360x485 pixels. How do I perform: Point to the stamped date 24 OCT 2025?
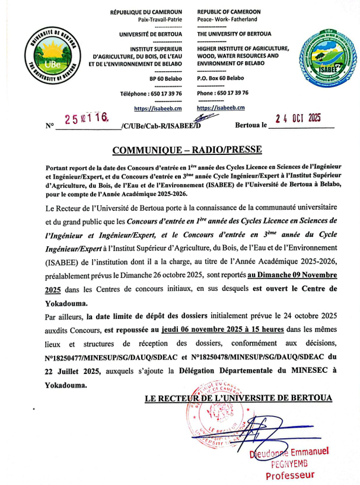[x=299, y=118]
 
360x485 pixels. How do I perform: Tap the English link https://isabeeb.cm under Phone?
[x=221, y=108]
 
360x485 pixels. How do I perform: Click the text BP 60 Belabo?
[x=165, y=78]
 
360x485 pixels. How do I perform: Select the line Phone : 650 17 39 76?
[x=222, y=93]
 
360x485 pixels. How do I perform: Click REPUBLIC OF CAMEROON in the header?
[x=228, y=12]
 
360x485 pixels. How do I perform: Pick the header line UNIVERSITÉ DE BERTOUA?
[x=150, y=34]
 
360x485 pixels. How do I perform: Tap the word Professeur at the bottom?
[x=290, y=475]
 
